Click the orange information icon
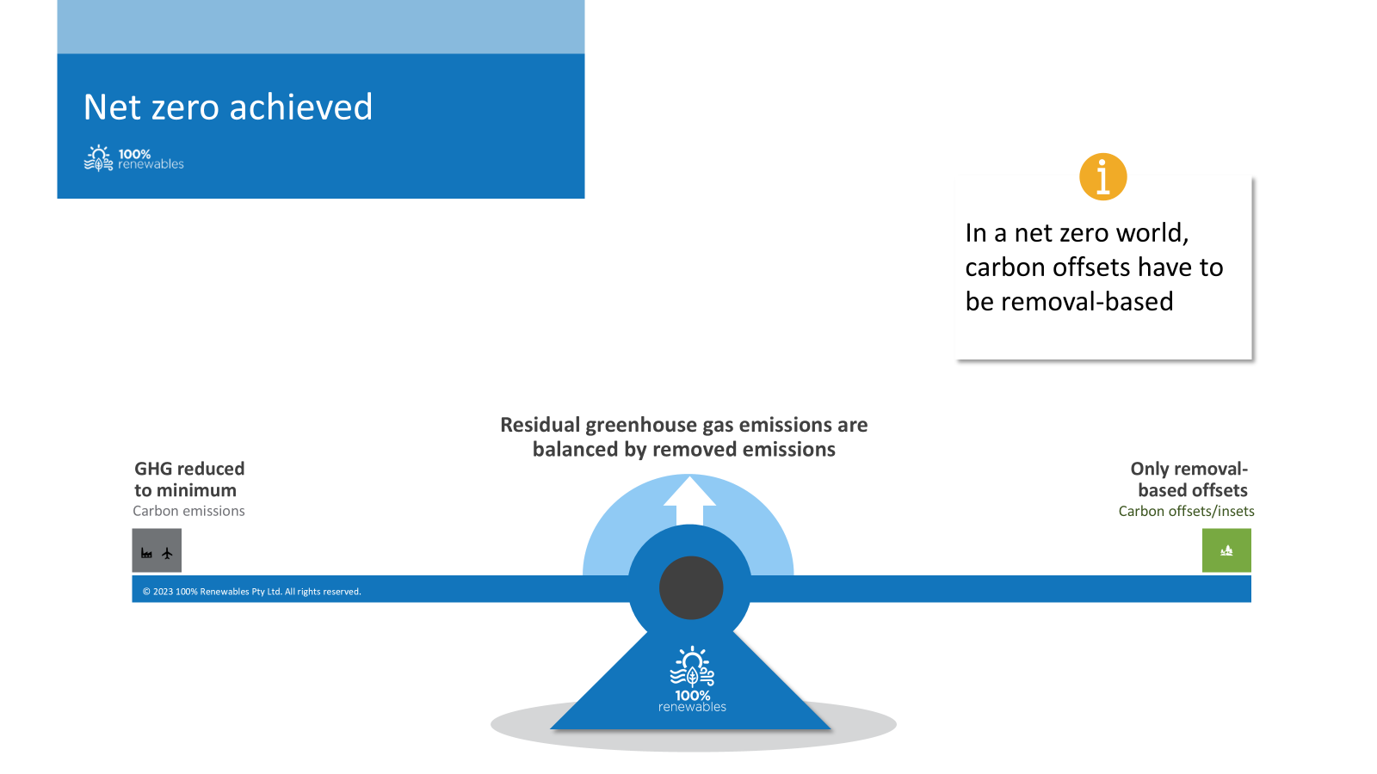1102,177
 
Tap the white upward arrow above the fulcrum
689,501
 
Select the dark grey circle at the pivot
691,588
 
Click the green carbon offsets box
1226,550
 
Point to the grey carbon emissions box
157,550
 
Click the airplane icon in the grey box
167,554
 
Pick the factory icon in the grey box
146,554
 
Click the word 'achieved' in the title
301,107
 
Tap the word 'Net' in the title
112,107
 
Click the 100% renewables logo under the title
133,158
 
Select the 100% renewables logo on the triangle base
692,679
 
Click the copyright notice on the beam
252,592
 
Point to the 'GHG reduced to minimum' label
189,479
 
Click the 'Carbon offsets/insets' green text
1187,511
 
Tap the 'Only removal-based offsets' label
1189,479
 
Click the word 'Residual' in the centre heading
540,425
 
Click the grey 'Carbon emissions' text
188,511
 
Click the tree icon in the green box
1226,551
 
